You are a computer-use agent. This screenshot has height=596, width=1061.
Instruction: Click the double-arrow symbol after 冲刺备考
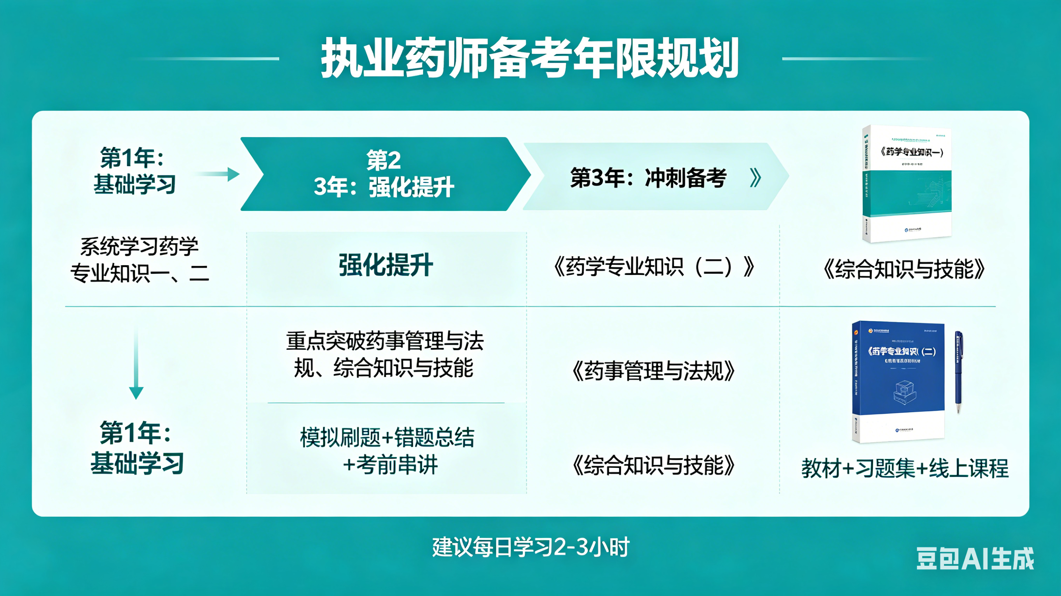pos(756,178)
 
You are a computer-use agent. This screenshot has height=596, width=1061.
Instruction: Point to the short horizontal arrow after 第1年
pos(218,174)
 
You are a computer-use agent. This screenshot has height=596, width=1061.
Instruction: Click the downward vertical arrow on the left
pos(136,364)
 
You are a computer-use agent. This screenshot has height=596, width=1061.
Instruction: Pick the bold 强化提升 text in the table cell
pos(386,265)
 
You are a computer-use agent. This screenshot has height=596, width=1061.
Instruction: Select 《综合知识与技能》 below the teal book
pos(904,269)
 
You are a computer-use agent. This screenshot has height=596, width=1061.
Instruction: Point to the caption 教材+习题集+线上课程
pos(904,468)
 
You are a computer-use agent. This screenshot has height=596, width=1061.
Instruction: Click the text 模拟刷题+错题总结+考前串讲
pos(387,451)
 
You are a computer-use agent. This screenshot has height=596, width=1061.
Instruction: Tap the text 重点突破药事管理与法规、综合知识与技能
pos(385,354)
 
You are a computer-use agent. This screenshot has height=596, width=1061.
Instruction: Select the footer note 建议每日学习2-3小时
pos(530,547)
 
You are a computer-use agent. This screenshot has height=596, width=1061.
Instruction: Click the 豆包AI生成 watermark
pos(975,559)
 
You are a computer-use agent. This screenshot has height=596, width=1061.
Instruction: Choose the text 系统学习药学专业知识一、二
pos(140,260)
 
